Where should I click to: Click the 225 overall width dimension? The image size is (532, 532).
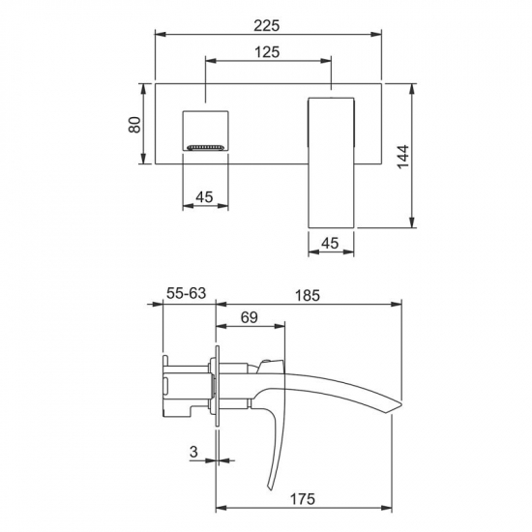click(x=267, y=26)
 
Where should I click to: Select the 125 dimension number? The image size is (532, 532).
click(x=267, y=52)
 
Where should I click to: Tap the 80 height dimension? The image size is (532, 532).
click(x=134, y=125)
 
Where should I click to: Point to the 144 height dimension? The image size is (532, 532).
click(x=403, y=156)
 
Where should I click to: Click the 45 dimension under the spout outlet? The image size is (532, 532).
click(x=205, y=196)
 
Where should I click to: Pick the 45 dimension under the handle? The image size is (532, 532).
click(x=330, y=243)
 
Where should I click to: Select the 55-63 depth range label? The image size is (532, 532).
click(x=187, y=293)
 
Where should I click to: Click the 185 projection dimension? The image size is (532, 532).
click(x=308, y=295)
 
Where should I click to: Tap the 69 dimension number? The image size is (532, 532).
click(x=250, y=317)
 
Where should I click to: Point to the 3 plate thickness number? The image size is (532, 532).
click(x=193, y=452)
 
